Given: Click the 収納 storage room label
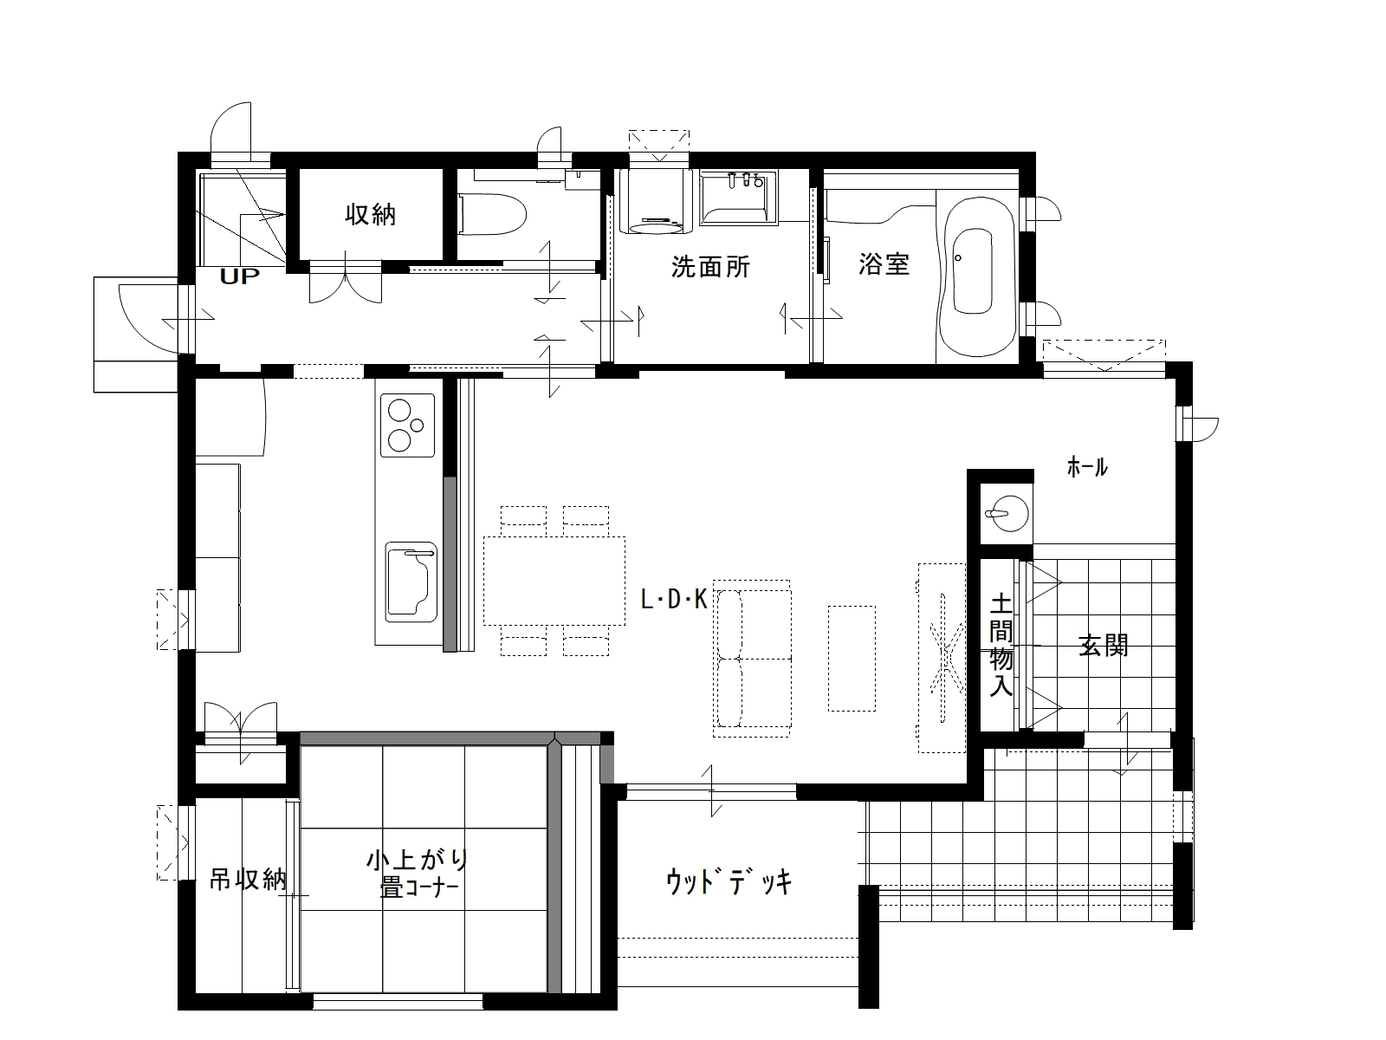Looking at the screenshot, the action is (x=371, y=215).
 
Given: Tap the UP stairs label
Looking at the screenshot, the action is (x=239, y=276).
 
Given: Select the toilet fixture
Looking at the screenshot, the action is (x=491, y=215).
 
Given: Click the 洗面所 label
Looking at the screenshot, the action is (x=710, y=266).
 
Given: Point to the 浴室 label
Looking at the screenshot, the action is (x=884, y=264).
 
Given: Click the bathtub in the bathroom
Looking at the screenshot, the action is (x=976, y=276).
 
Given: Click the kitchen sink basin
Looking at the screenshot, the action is (x=411, y=582).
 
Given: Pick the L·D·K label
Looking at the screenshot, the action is (x=674, y=600).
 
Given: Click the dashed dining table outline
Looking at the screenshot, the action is (x=554, y=581).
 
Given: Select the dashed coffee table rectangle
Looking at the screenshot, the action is (x=852, y=659).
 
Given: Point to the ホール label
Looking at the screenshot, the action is (x=1087, y=467).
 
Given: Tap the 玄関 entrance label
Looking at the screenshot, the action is (x=1103, y=646).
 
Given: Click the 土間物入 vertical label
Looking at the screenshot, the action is (x=1001, y=644).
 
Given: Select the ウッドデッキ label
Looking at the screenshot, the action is (x=729, y=882).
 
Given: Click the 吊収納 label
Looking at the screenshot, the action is (x=248, y=879).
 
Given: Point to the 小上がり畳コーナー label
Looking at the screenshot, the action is (x=418, y=874).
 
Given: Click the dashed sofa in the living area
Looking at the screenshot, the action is (x=752, y=659).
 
